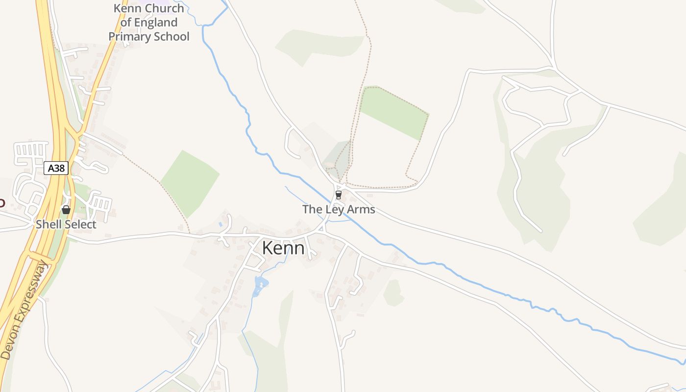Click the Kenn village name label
tap(283, 248)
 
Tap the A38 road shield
tap(56, 168)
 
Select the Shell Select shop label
tap(66, 224)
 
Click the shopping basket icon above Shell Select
tap(66, 210)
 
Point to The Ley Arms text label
tap(339, 209)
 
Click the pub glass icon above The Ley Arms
tap(338, 195)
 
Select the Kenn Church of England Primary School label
tap(148, 23)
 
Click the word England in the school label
tap(155, 23)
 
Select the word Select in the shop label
tap(80, 224)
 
